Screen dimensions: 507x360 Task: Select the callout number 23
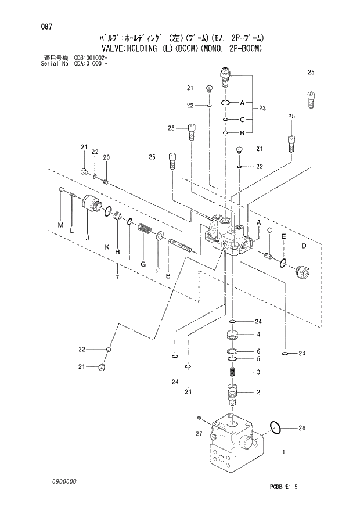pyautogui.click(x=262, y=108)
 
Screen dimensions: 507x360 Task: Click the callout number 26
pyautogui.click(x=301, y=429)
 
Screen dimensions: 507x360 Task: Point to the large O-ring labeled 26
pyautogui.click(x=276, y=428)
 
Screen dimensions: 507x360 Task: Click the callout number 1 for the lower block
pyautogui.click(x=283, y=451)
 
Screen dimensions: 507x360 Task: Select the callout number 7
pyautogui.click(x=117, y=279)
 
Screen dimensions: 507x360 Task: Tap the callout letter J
pyautogui.click(x=87, y=237)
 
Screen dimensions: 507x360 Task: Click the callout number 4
pyautogui.click(x=258, y=334)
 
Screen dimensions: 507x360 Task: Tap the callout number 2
pyautogui.click(x=258, y=392)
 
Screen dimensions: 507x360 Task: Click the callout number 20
pyautogui.click(x=106, y=157)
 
